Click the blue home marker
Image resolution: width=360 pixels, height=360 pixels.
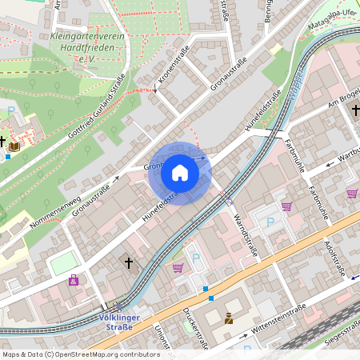180,173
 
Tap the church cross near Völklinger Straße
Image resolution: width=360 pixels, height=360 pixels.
129,262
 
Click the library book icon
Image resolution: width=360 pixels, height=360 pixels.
14,146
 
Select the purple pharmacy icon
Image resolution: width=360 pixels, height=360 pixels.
74,280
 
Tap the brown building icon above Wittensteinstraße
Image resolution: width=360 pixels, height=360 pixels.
229,318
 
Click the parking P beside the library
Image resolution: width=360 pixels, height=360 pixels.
10,110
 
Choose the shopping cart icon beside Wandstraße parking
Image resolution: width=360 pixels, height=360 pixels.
286,206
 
